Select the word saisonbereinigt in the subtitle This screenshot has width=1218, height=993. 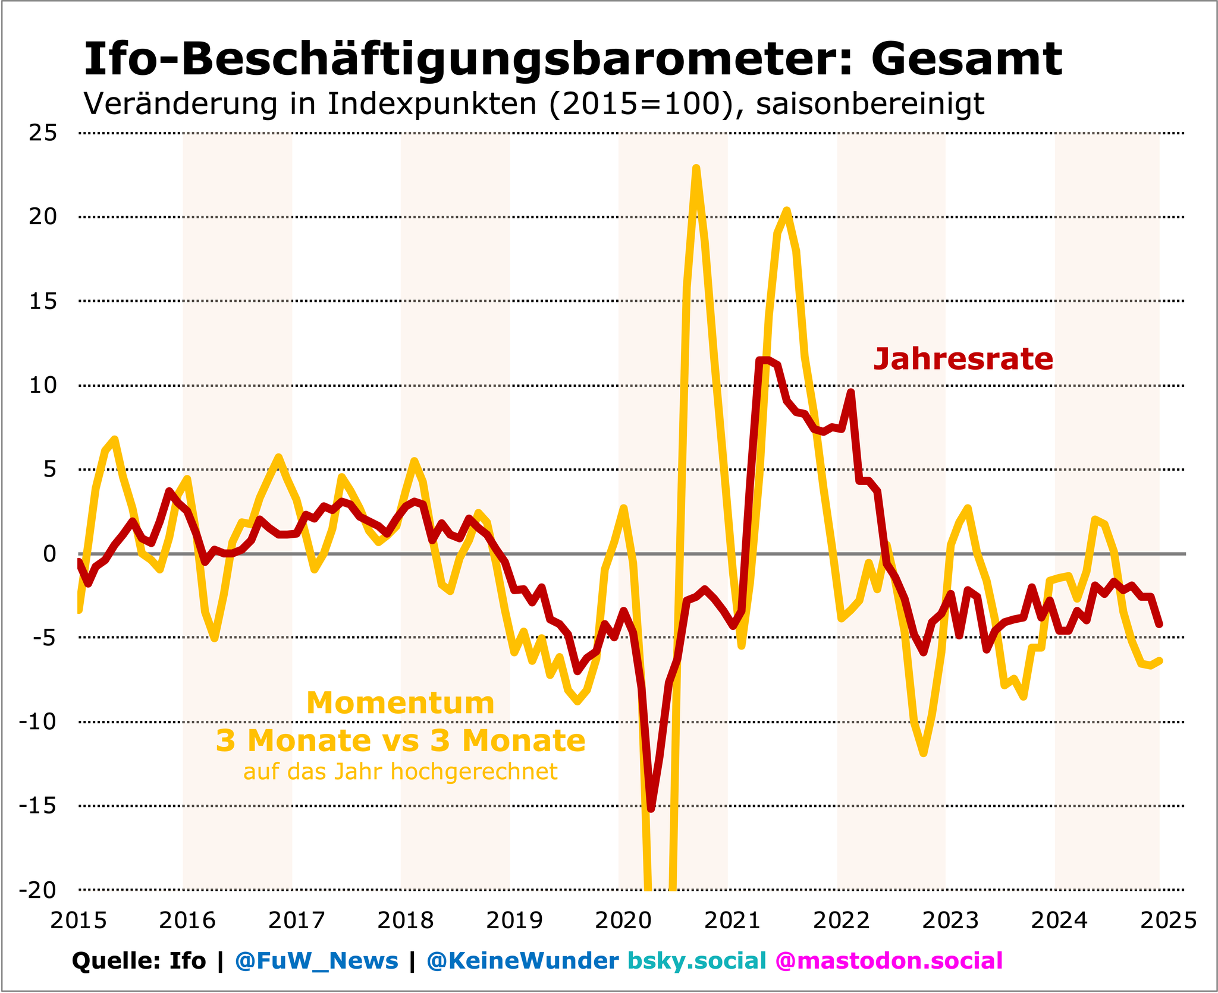tap(870, 104)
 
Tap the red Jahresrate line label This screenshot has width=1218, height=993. tap(963, 360)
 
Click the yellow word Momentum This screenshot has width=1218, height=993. tap(400, 703)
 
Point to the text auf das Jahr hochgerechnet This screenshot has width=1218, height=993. tap(400, 772)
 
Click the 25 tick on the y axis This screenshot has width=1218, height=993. tap(43, 133)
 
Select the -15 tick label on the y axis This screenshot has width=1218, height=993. tap(38, 806)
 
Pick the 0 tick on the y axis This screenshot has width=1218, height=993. tap(50, 553)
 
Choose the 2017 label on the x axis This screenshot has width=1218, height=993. tap(297, 921)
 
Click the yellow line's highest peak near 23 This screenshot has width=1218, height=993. tap(696, 168)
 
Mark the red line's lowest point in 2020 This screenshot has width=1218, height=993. tap(651, 809)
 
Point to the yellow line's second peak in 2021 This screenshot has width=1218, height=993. tap(787, 210)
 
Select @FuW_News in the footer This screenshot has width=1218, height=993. tap(316, 961)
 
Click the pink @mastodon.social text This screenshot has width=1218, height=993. tap(889, 961)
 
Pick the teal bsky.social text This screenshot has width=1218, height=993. tap(697, 961)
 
